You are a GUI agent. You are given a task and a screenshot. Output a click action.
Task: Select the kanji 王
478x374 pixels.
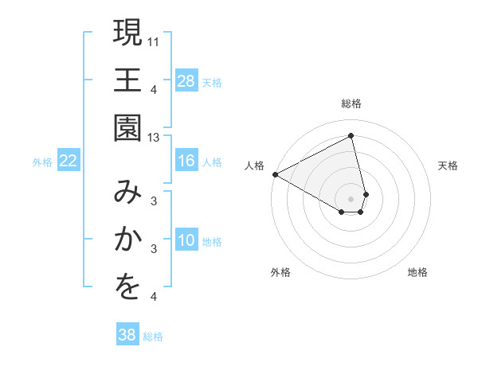(x=127, y=81)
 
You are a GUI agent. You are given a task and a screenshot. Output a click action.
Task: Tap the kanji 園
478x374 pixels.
(x=127, y=128)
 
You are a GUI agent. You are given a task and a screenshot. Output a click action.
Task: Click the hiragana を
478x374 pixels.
(x=127, y=288)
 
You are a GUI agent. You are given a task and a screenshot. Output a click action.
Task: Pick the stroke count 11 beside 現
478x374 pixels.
(x=154, y=41)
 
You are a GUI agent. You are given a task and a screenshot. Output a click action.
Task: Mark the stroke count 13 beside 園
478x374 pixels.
(x=154, y=138)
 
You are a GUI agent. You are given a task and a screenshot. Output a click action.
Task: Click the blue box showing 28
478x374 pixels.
(x=186, y=80)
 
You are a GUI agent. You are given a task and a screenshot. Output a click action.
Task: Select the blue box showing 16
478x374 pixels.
(x=186, y=161)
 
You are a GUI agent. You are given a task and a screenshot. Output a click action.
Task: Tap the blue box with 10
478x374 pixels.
(x=186, y=240)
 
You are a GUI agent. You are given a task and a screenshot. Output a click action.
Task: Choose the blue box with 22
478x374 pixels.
(x=69, y=161)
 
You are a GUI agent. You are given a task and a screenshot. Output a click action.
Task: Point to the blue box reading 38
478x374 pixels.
(x=127, y=335)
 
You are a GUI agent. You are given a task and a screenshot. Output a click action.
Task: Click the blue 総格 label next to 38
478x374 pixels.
(x=153, y=337)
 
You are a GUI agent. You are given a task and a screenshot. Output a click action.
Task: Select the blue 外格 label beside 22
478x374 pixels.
(x=42, y=162)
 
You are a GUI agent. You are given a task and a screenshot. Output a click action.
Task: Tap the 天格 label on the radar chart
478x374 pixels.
(x=448, y=166)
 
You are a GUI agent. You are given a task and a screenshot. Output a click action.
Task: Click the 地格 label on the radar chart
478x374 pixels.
(x=417, y=272)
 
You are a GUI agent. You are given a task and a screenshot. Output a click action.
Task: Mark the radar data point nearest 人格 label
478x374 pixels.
(x=275, y=173)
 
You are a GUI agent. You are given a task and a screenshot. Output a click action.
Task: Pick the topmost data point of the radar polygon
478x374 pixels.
(x=351, y=135)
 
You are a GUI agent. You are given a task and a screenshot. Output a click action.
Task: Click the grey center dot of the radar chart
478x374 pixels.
(x=351, y=198)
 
